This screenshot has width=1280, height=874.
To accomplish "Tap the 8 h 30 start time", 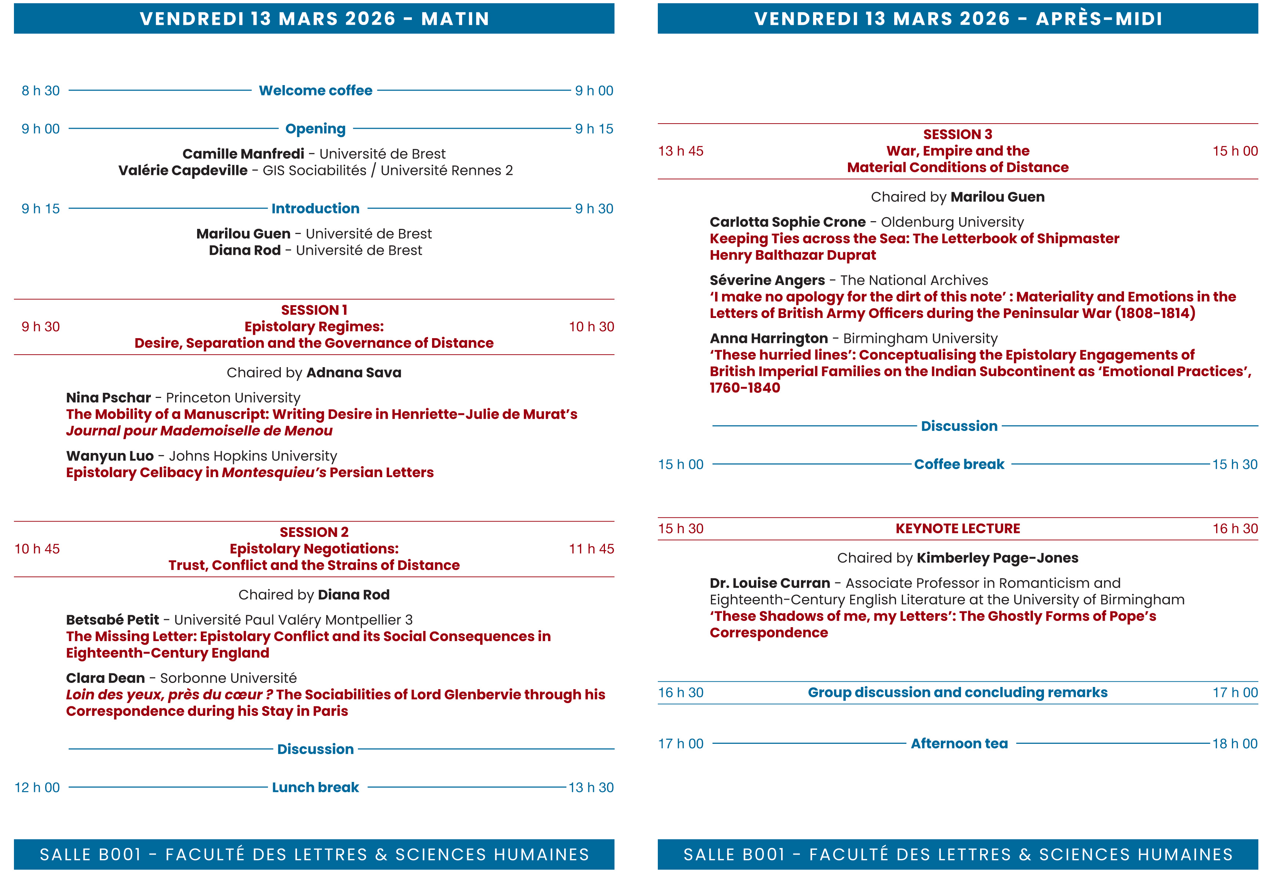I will coord(40,91).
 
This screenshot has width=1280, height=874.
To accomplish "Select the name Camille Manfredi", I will coord(243,154).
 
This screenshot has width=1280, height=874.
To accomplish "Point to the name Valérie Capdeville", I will coord(183,171).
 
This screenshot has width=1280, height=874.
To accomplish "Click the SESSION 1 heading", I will coord(314,310).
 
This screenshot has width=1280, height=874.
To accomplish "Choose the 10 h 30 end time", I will coord(591,327).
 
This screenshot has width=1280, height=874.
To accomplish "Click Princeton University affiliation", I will coord(233,398).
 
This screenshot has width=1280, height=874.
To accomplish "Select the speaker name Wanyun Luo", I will coord(110,456).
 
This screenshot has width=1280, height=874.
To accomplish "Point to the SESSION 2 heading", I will coord(314,532).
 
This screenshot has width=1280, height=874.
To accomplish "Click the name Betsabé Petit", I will coord(112,620).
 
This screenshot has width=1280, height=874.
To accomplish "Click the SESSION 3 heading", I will coord(957,134).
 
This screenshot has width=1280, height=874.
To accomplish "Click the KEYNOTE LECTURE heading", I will coord(957,529).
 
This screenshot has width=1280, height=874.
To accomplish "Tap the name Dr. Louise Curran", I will coord(769,584).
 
